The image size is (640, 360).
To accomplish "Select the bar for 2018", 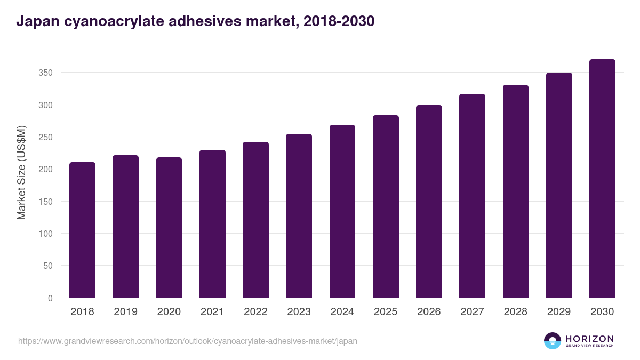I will (x=82, y=230).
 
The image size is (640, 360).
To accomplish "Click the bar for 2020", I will (x=169, y=228).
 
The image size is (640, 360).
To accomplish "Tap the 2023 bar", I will (x=299, y=216).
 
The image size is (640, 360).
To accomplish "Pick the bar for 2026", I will (x=429, y=202).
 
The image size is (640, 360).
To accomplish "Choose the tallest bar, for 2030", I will (x=602, y=179).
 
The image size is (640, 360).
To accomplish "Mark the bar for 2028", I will (x=515, y=191).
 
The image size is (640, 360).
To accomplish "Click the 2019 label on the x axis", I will (x=125, y=312).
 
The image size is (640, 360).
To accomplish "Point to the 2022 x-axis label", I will (x=255, y=312).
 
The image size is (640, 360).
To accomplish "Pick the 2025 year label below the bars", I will (x=386, y=312).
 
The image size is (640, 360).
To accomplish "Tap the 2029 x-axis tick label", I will (x=559, y=312).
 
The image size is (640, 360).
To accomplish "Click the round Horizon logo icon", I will (x=553, y=341).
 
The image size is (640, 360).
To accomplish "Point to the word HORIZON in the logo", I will (x=590, y=339).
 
